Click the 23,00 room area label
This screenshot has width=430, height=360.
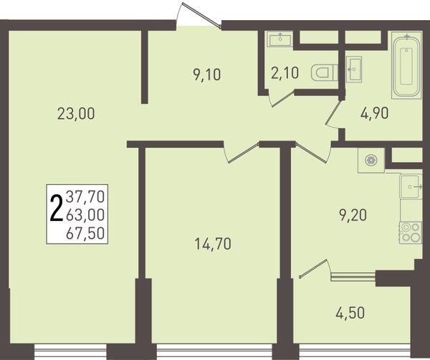click(76, 113)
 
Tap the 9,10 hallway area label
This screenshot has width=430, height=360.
click(207, 75)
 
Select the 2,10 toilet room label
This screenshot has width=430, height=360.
click(285, 73)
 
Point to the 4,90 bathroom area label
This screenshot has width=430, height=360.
click(374, 113)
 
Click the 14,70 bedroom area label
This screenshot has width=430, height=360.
click(213, 244)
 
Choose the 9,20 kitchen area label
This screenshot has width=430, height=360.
click(353, 215)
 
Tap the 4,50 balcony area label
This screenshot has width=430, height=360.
click(350, 313)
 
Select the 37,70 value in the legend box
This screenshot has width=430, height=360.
click(85, 196)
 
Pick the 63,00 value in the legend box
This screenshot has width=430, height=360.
click(85, 215)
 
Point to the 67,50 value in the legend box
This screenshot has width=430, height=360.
click(85, 234)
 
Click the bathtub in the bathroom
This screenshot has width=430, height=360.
click(406, 65)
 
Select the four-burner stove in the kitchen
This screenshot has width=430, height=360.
click(411, 232)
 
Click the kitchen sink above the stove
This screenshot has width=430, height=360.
click(411, 186)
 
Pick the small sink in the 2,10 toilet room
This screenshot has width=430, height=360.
click(280, 39)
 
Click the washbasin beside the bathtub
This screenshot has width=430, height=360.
click(353, 69)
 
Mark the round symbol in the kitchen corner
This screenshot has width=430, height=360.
click(371, 160)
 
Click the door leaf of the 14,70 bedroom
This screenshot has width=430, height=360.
click(244, 153)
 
